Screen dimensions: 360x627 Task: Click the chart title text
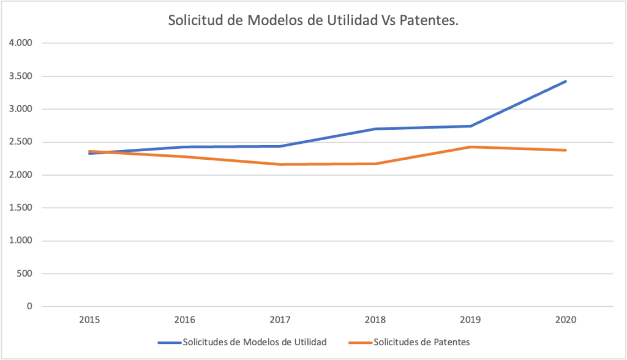313,21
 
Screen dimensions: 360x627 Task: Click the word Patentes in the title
429,21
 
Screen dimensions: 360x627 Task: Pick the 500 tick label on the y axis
28,274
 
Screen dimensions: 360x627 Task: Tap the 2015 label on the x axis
89,320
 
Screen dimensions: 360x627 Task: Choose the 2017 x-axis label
280,320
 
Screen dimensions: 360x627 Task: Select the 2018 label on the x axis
375,320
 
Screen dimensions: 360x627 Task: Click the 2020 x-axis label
565,320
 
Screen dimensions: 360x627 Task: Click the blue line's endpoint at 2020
565,81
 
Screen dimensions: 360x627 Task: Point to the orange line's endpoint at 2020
565,150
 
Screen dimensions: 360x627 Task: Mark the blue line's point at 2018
375,129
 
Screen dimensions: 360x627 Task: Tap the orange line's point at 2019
470,147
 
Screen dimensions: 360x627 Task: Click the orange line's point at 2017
280,164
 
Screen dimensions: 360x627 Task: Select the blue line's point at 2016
184,147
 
